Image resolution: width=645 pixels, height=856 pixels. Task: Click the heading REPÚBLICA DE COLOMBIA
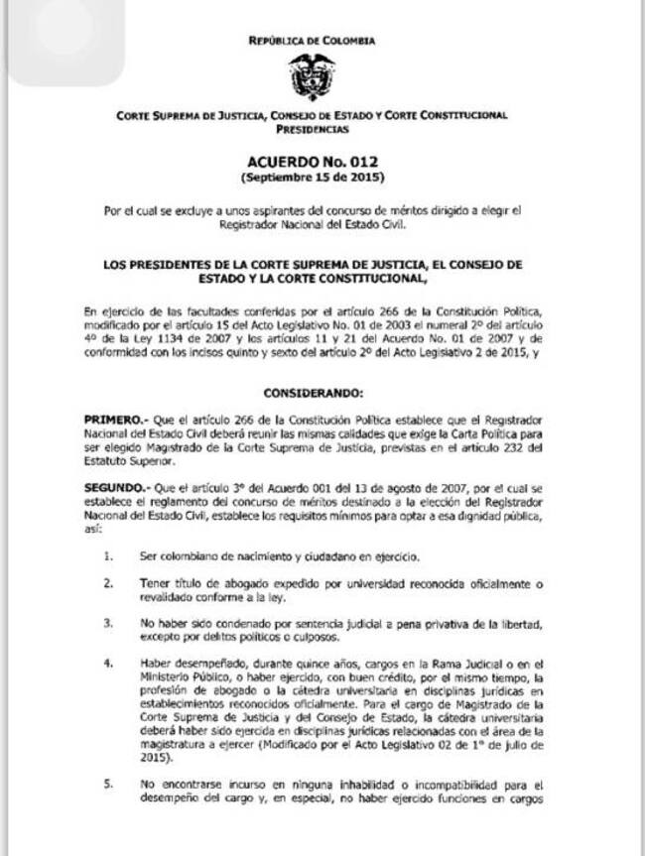[312, 41]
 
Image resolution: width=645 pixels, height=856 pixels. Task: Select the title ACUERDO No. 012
[312, 161]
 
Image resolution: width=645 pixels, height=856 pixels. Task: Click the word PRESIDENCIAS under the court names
[312, 129]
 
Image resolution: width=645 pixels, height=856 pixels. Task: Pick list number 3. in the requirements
[109, 624]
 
